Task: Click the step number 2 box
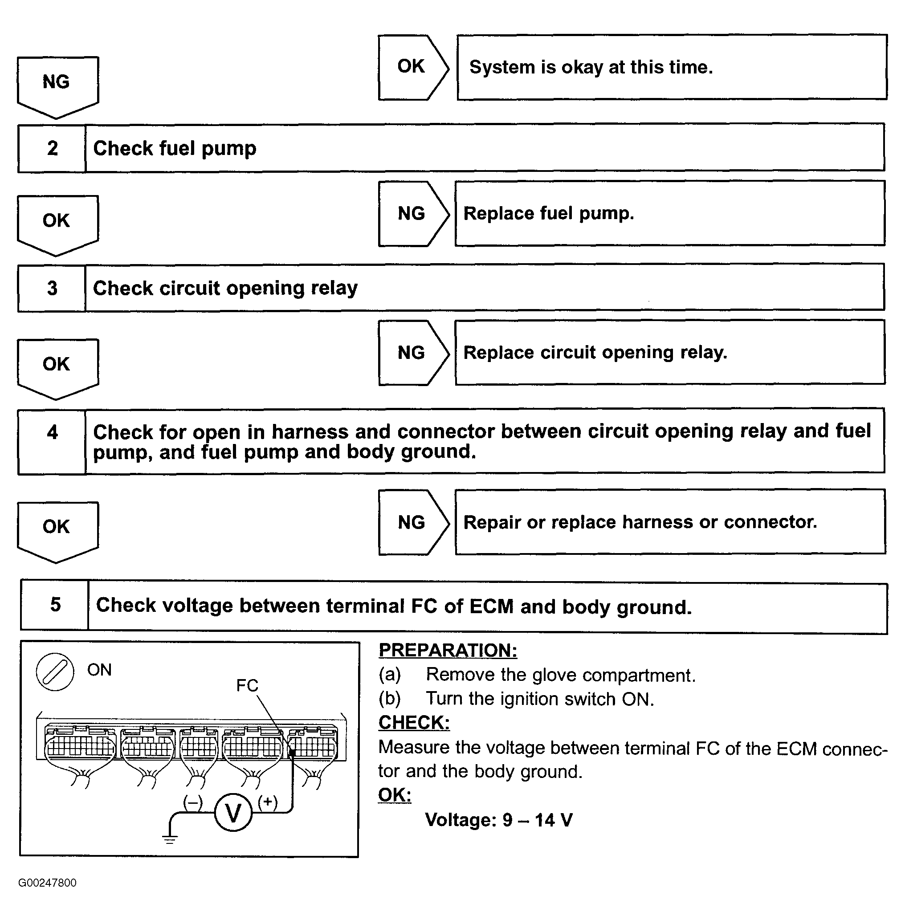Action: point(52,148)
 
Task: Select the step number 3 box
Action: point(52,288)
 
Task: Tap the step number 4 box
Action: point(52,441)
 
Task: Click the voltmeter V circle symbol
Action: point(233,813)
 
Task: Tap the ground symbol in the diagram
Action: point(170,839)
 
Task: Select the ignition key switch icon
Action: point(55,672)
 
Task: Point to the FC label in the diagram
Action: point(247,685)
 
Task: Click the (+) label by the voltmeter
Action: point(268,802)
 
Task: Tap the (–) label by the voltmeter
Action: point(192,802)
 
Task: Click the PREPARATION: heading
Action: point(448,650)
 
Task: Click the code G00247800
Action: point(48,883)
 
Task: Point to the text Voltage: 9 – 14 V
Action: point(499,820)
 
